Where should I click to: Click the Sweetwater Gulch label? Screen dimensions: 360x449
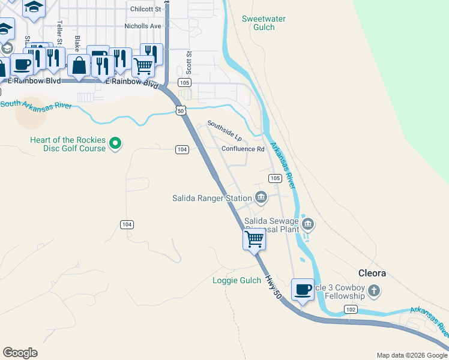pos(263,23)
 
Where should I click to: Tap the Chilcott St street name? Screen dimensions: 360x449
pos(146,9)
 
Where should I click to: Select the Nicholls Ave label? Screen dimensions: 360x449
pos(143,26)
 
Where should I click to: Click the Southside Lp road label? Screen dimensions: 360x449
pos(224,129)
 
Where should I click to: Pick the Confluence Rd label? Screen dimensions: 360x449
pos(243,149)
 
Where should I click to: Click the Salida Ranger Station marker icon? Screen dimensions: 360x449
pos(261,197)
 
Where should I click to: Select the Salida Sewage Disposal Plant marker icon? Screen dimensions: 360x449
pos(308,225)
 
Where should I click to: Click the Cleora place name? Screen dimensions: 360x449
pos(372,273)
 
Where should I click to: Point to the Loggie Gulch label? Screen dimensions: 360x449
pos(237,280)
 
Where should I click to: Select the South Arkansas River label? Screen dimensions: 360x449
pos(36,104)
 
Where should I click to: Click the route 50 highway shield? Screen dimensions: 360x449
pos(181,110)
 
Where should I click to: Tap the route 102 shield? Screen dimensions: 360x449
pos(351,309)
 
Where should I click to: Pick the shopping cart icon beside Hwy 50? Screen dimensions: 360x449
pos(255,239)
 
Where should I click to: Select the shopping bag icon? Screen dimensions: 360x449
pos(79,65)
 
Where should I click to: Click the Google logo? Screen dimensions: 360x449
pos(20,353)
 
